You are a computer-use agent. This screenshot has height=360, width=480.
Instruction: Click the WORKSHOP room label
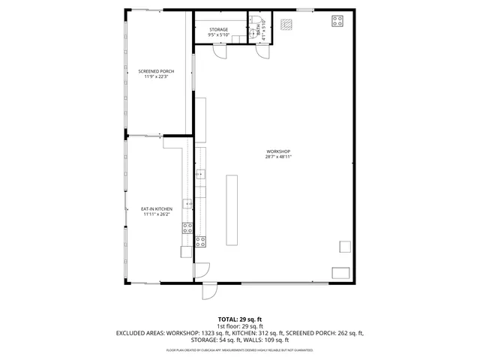tap(277, 152)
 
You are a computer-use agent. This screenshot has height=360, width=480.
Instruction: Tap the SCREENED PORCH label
tap(156, 71)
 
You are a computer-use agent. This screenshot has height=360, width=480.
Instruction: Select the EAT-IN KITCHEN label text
tap(157, 208)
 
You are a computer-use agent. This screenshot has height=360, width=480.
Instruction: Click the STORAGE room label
tap(219, 29)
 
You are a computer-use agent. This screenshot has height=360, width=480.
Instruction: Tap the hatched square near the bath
tap(285, 23)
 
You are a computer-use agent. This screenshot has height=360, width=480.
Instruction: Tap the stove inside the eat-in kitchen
tap(187, 229)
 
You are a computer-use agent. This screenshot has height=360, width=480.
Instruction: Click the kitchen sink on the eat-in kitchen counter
tap(190, 203)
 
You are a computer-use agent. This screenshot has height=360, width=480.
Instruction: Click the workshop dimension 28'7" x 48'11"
tap(277, 157)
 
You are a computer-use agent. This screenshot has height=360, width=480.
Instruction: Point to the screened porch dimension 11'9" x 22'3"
tap(156, 76)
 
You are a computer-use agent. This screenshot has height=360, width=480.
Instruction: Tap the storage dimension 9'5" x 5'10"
tap(219, 34)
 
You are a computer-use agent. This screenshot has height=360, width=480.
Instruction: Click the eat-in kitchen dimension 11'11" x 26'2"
tap(157, 214)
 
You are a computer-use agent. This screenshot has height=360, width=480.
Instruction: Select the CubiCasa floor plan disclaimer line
tap(239, 350)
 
